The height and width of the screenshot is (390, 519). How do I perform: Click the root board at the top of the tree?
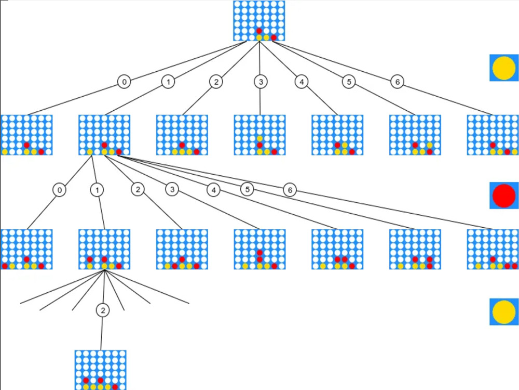[259, 21]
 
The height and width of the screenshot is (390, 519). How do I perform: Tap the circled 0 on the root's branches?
[124, 82]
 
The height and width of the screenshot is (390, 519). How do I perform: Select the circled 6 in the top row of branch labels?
[397, 82]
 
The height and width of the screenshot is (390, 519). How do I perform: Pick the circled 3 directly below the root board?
[261, 82]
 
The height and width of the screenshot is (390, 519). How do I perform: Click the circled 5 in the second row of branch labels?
[247, 189]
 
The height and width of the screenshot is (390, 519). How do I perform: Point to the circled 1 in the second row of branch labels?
[97, 190]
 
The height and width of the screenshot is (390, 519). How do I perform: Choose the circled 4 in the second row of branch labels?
[213, 190]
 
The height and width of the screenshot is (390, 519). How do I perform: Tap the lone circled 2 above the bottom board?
[103, 310]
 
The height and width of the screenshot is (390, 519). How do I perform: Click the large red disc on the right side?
[504, 196]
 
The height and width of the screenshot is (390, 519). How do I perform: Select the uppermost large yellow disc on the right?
[504, 68]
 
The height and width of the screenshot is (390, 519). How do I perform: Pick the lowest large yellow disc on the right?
[504, 311]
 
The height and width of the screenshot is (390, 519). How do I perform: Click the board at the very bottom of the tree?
[101, 370]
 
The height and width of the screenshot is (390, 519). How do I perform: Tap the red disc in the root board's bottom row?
[274, 37]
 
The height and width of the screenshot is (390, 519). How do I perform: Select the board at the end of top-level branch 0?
[26, 135]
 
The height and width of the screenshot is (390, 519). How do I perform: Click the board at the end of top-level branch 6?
[493, 135]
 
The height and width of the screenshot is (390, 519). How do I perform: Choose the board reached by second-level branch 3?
[259, 249]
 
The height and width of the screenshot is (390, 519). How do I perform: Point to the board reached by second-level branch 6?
[493, 249]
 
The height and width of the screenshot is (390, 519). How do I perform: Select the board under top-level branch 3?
[259, 135]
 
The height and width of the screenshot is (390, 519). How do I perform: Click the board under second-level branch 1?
[104, 249]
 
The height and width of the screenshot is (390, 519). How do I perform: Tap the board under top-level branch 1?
[104, 135]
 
